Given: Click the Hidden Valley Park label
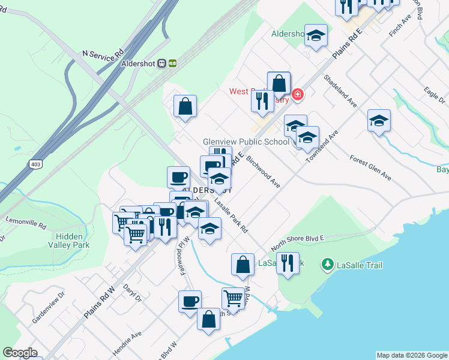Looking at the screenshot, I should pyautogui.click(x=69, y=241).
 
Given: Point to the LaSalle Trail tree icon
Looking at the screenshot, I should pyautogui.click(x=327, y=264).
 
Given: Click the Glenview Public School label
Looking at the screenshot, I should pyautogui.click(x=246, y=142).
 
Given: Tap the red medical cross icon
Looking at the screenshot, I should pyautogui.click(x=297, y=94).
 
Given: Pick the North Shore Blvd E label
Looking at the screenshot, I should pyautogui.click(x=297, y=242).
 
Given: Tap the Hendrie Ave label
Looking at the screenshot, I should pyautogui.click(x=128, y=341).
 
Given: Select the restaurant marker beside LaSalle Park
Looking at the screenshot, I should pyautogui.click(x=288, y=263).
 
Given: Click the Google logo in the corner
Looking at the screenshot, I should pyautogui.click(x=20, y=353).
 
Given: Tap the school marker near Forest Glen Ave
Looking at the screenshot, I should pyautogui.click(x=379, y=121).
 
